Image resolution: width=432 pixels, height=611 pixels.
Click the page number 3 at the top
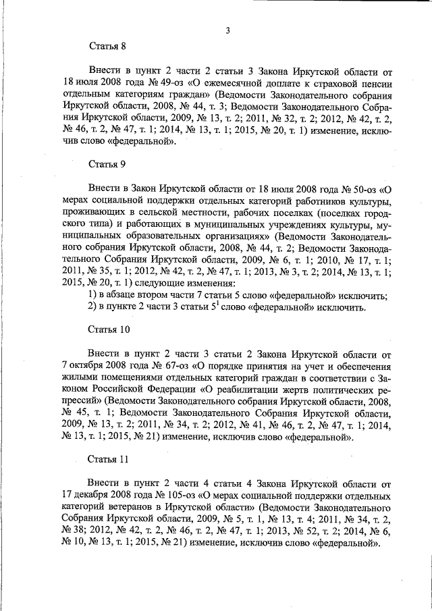pos(228,30)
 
